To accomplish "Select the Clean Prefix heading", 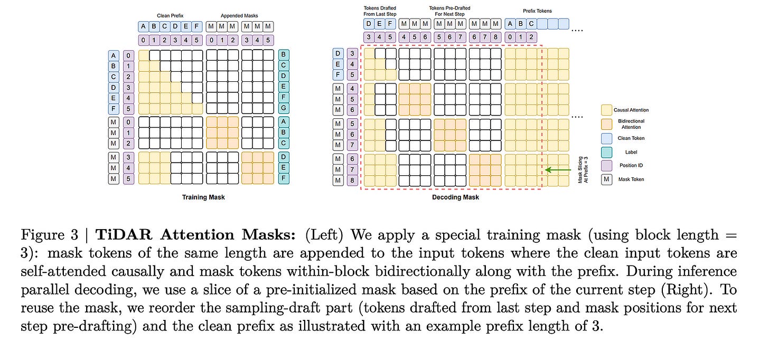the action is (x=170, y=16).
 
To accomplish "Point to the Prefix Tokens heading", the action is (x=537, y=11).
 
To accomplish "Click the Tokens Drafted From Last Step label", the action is (x=380, y=11).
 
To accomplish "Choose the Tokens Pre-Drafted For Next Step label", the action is (x=449, y=11).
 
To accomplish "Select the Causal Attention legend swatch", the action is (x=606, y=110).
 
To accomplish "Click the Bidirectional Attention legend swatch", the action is (x=606, y=124).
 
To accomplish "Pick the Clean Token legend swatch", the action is (x=606, y=138).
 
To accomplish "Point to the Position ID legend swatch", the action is (x=606, y=165).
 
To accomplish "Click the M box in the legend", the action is (x=606, y=179).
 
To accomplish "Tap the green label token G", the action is (x=283, y=108).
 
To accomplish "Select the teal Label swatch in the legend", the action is (x=606, y=152).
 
